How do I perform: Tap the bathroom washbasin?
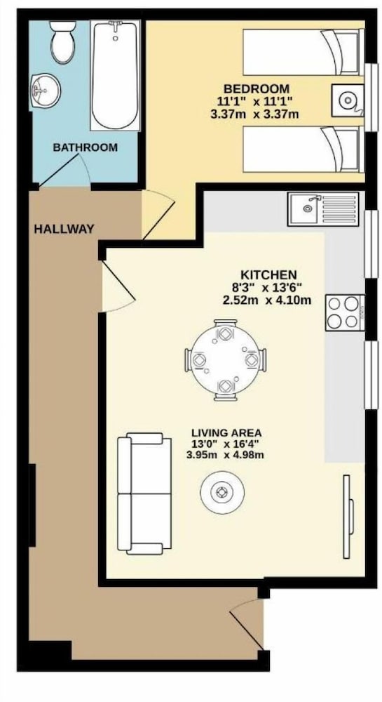coord(45,91)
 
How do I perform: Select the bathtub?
coord(115,75)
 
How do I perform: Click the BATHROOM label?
coord(86,147)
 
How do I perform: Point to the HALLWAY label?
coord(64,230)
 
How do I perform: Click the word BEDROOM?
coord(257,88)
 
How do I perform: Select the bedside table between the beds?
coord(348,100)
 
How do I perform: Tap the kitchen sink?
coord(323,209)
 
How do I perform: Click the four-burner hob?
coord(345,312)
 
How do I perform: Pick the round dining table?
coord(226,359)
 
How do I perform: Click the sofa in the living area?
coord(144,494)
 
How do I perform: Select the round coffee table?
coord(222,493)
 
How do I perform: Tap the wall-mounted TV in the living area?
coord(348,517)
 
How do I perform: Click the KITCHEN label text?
coord(268,274)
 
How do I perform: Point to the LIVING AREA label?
coord(226,433)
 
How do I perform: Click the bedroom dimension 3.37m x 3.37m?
coord(254,114)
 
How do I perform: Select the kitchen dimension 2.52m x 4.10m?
coord(267,300)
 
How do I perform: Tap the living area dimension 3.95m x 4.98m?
coord(225,456)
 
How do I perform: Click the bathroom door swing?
coord(65,170)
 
